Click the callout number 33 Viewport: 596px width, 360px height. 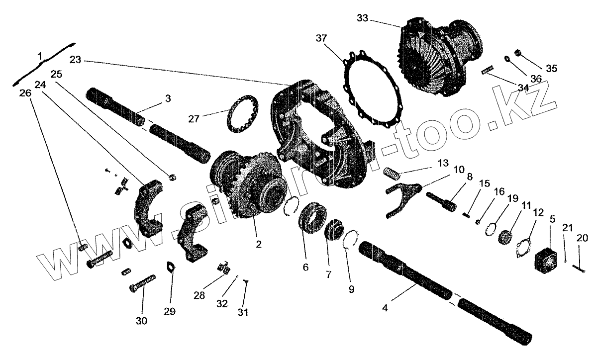coord(363,18)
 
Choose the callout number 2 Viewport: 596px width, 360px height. coord(259,244)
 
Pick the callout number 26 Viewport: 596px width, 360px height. coord(25,93)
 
